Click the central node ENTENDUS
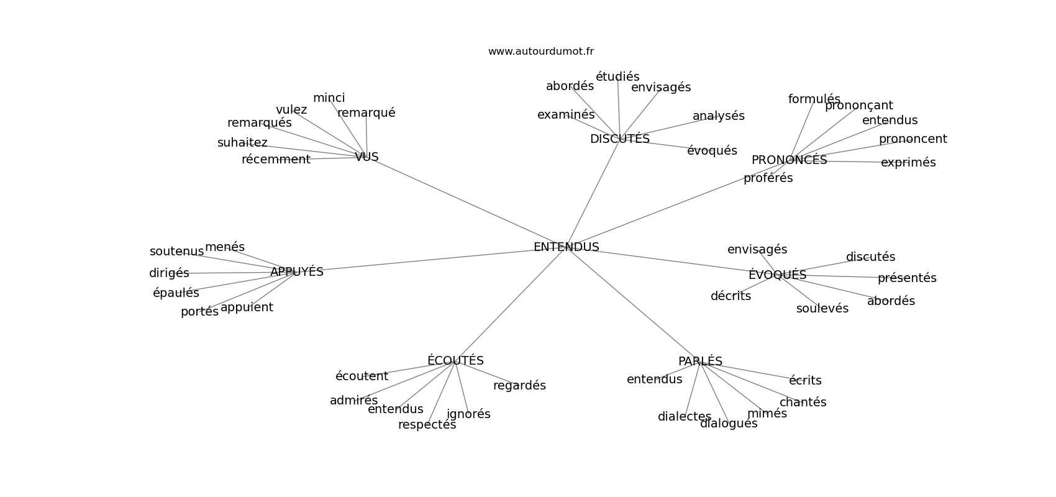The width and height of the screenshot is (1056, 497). coord(566,247)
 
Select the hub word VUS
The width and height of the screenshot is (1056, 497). coord(366,157)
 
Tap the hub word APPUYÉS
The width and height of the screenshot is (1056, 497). coord(297,272)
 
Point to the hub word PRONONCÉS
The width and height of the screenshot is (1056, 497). coord(789,160)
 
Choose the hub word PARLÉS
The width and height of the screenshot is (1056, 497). coord(700,362)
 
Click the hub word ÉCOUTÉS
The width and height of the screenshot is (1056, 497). coord(455,361)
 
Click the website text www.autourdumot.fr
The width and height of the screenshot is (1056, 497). coord(540,52)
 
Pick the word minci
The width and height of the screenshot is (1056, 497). coord(329,98)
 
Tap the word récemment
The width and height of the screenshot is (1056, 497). coord(276,160)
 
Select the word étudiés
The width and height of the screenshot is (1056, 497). coord(617,77)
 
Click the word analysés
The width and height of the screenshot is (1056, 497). coord(718,116)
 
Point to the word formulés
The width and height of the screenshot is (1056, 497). coord(814,99)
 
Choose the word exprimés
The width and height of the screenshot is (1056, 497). coord(908,163)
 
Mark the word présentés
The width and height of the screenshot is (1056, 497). coord(907,278)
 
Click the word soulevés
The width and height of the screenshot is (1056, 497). coord(822,309)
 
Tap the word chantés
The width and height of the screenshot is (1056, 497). coord(803,403)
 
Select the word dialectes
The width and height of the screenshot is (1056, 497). coord(684,417)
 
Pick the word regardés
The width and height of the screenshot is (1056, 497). coord(519,386)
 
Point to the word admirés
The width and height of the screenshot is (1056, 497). coord(353,401)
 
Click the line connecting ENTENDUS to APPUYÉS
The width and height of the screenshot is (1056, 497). coord(429,260)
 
